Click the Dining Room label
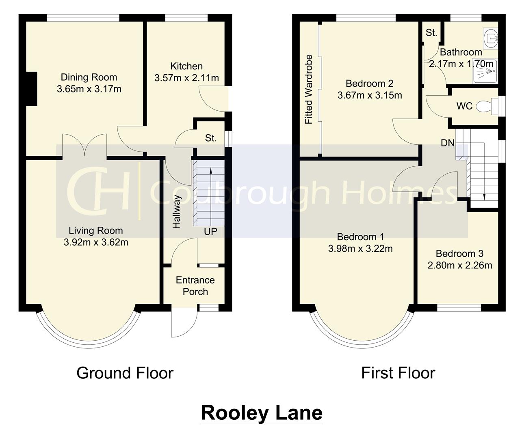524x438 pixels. (89, 77)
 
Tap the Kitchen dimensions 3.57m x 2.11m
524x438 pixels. (186, 78)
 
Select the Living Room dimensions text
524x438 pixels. (96, 243)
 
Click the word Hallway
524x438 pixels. (176, 211)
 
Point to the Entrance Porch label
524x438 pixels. (195, 286)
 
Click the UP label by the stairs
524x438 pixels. (210, 232)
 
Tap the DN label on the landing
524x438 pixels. (448, 143)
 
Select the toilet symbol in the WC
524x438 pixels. (485, 106)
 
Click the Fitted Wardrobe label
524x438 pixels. (309, 89)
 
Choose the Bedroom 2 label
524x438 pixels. (369, 84)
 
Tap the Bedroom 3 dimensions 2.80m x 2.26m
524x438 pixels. (459, 265)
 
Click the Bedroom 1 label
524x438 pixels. (360, 237)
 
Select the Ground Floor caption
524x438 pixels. (125, 373)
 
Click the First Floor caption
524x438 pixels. (398, 373)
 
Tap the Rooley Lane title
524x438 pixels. (262, 413)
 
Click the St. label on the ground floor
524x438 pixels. (210, 138)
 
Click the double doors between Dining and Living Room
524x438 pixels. (84, 145)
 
